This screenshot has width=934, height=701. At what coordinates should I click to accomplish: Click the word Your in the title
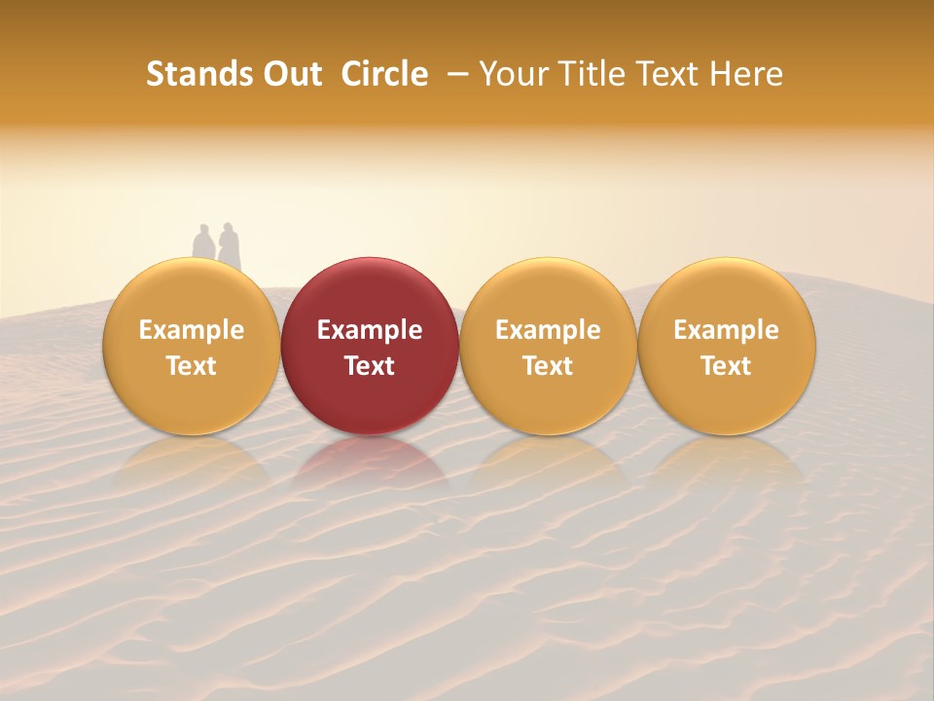point(509,74)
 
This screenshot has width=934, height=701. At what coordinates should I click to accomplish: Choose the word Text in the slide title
point(661,74)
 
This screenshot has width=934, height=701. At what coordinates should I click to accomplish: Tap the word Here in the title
point(744,74)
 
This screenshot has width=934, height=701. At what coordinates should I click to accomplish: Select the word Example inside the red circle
point(370,330)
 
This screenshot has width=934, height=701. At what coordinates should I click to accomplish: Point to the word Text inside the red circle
point(370,366)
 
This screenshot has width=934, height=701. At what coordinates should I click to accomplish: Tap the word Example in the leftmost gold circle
point(191,330)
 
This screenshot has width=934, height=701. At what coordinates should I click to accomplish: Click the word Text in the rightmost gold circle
point(727,366)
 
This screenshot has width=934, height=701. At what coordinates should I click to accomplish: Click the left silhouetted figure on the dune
point(202,244)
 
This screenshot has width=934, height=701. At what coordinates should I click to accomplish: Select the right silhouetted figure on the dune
point(229,245)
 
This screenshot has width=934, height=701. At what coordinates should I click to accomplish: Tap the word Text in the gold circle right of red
point(548,366)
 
